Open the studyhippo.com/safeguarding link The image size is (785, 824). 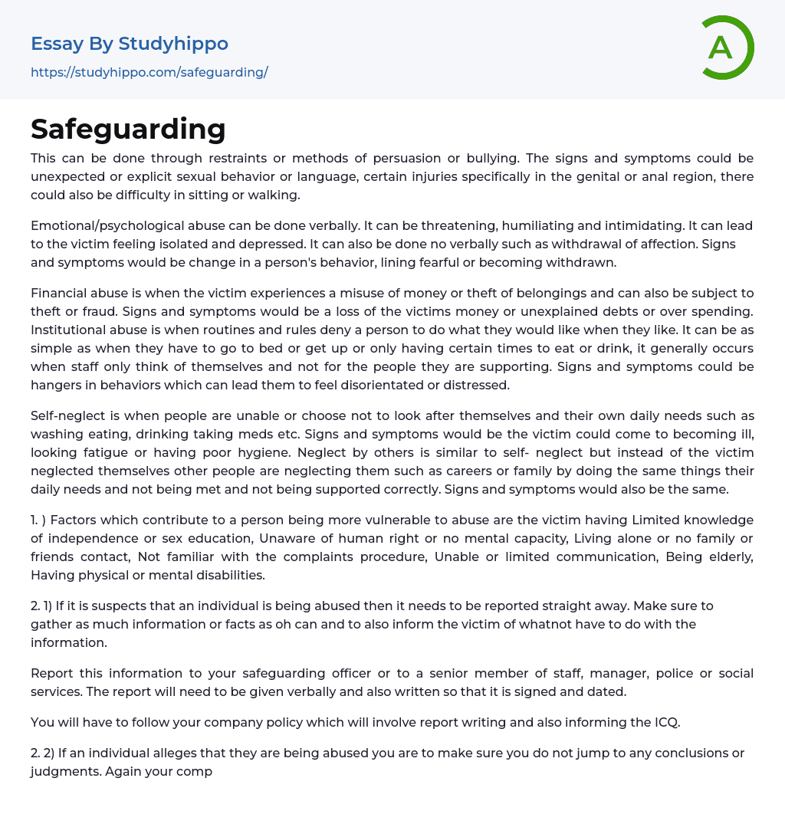point(149,72)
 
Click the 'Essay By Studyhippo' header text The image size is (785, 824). point(130,44)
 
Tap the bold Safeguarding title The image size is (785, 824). point(128,129)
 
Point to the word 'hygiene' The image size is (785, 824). point(320,452)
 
